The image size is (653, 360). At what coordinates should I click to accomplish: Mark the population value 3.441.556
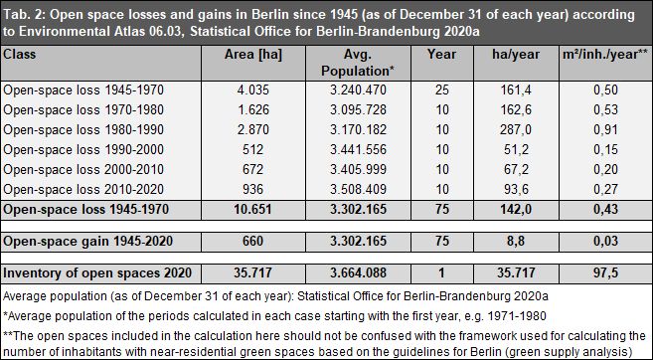click(x=355, y=154)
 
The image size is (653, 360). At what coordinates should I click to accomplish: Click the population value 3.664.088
click(x=355, y=272)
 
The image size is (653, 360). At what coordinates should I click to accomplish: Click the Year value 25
click(x=439, y=90)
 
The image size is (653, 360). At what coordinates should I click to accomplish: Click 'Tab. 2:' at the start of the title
click(x=25, y=12)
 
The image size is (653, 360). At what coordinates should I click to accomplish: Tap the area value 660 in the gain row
click(x=253, y=241)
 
